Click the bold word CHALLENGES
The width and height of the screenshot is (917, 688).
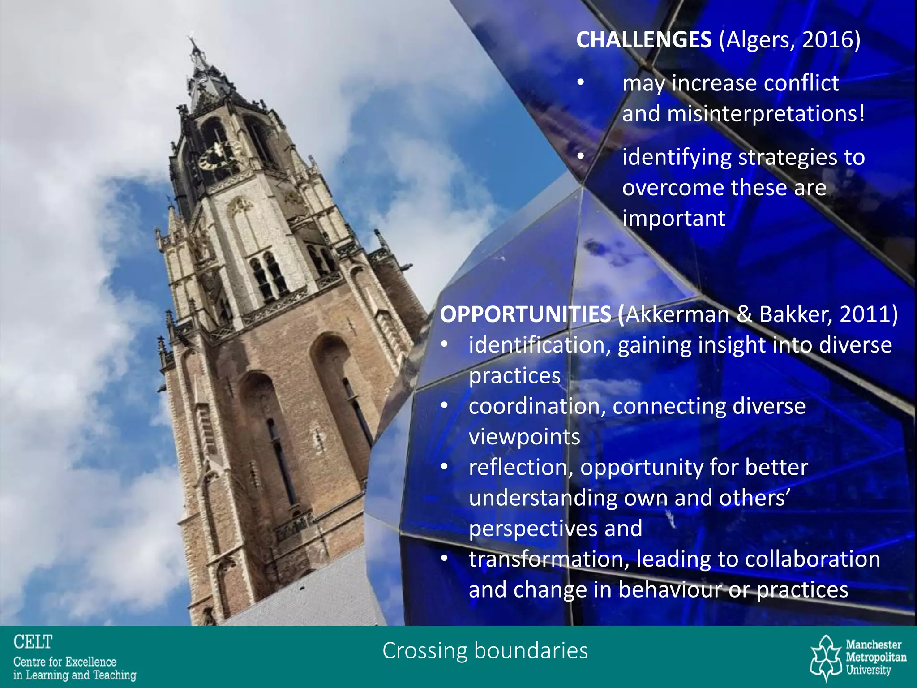[x=643, y=40]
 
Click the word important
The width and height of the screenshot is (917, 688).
[x=673, y=219]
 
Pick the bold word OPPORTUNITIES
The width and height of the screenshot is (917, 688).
[x=526, y=314]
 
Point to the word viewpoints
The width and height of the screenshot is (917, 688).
[x=524, y=437]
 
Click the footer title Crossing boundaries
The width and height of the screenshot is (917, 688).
[x=485, y=651]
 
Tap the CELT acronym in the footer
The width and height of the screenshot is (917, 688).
[x=33, y=642]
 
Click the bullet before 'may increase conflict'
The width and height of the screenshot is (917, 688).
[x=581, y=83]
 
